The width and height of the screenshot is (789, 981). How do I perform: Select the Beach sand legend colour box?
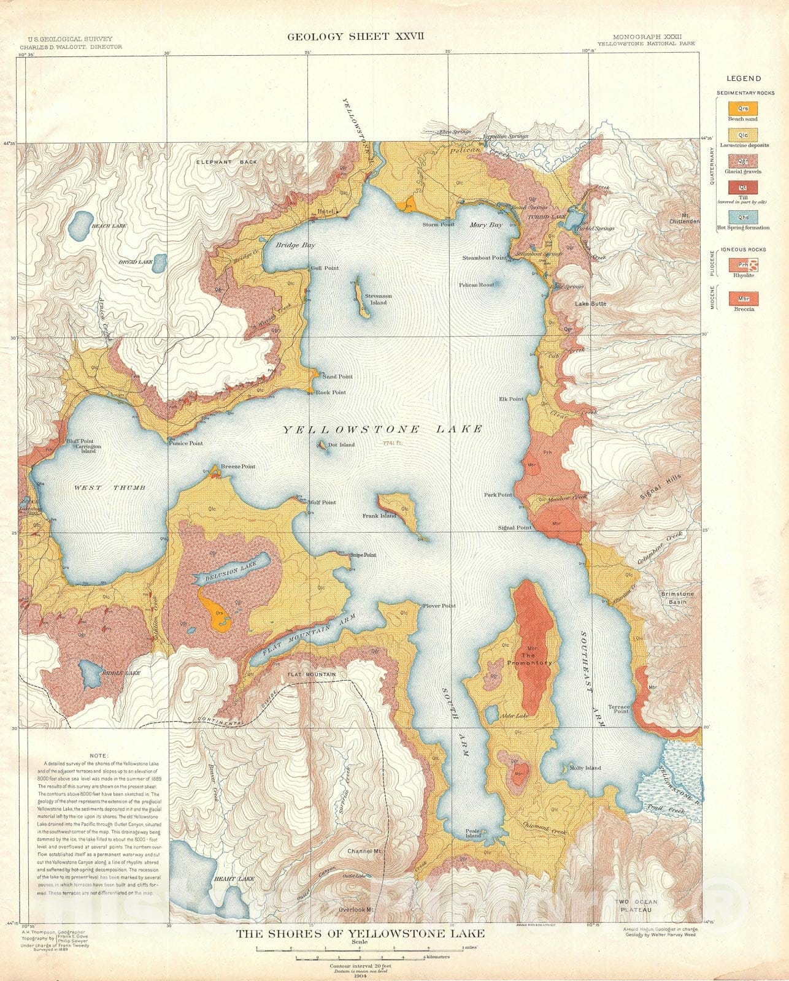(743, 109)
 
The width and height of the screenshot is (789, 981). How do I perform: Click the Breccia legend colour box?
(743, 299)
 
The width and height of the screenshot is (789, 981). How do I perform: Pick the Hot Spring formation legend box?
(743, 216)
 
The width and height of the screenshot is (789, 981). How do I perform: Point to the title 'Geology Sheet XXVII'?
(356, 37)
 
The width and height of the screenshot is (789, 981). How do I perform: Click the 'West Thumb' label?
(110, 487)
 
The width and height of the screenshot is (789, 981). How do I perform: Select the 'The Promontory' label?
(529, 659)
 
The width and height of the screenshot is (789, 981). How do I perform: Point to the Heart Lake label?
(225, 879)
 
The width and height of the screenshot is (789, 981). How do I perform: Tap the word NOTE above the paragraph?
(98, 755)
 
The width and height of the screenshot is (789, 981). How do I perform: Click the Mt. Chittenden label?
(684, 218)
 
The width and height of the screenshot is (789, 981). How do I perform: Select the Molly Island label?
(585, 768)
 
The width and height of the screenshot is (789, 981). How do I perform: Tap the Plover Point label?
(439, 606)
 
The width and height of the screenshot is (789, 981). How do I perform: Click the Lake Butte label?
(590, 303)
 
